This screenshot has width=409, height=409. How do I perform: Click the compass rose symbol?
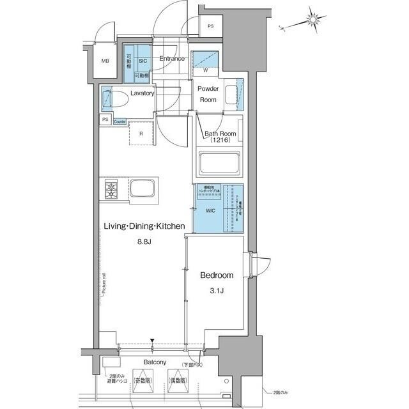313,21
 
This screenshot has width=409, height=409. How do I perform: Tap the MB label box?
105,61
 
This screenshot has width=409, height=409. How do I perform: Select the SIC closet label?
143,61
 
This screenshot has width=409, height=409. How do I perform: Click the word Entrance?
172,59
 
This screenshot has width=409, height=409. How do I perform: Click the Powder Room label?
208,95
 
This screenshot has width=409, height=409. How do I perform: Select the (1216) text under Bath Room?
218,140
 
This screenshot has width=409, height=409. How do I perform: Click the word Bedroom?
217,276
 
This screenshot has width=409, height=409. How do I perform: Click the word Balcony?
155,362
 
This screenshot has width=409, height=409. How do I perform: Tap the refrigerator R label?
141,134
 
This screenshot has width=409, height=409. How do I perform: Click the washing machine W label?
206,71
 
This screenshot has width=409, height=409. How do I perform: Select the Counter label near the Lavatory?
120,121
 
